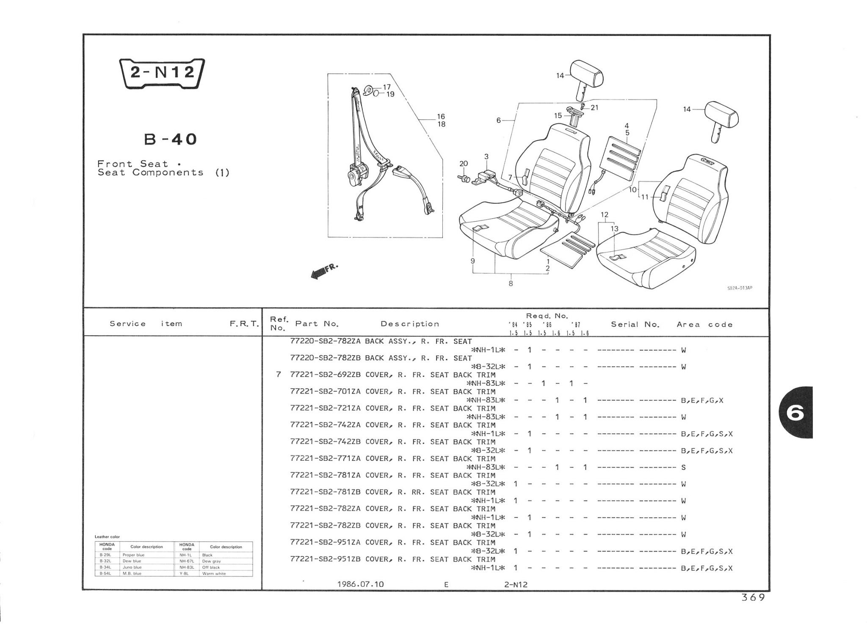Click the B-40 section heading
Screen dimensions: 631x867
pos(171,139)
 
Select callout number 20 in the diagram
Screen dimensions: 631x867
pos(464,164)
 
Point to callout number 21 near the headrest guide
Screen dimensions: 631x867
pos(594,108)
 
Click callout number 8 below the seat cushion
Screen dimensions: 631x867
pos(511,284)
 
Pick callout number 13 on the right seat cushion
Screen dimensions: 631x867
pos(614,229)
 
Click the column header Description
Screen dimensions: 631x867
pos(410,324)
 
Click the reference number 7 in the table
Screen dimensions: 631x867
pos(278,375)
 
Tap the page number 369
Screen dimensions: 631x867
pos(753,598)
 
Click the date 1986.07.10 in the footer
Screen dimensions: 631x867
pos(360,584)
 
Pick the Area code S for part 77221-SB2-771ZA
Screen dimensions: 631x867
pos(683,467)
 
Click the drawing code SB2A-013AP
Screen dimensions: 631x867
pos(740,288)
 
